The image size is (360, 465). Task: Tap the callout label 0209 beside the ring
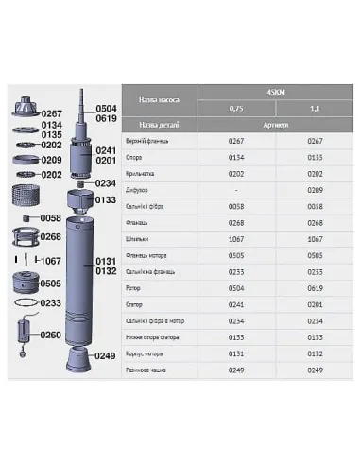coord(52,160)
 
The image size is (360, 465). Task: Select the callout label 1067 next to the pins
coord(52,260)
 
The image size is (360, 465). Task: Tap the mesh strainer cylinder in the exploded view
coord(26,197)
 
